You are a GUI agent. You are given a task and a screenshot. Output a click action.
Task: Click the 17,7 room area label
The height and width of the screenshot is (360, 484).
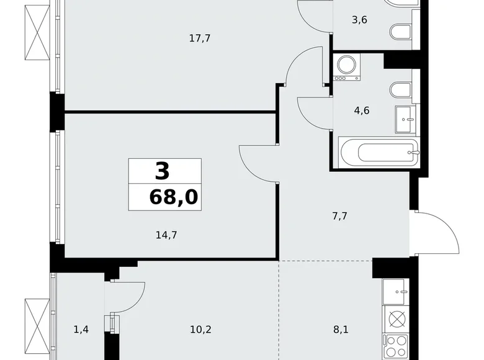point(200,38)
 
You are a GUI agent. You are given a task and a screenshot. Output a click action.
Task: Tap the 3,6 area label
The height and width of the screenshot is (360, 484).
point(359,19)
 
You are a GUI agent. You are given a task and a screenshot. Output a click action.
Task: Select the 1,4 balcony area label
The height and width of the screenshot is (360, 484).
point(81,330)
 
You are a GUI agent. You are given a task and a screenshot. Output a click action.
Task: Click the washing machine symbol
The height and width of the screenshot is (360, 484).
point(347,67)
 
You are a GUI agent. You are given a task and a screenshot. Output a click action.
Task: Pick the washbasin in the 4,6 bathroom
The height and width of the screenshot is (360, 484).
point(406,116)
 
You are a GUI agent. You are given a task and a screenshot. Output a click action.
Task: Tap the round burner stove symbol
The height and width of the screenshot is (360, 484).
point(397,320)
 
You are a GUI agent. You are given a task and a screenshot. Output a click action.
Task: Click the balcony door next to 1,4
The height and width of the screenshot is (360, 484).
point(125,297)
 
